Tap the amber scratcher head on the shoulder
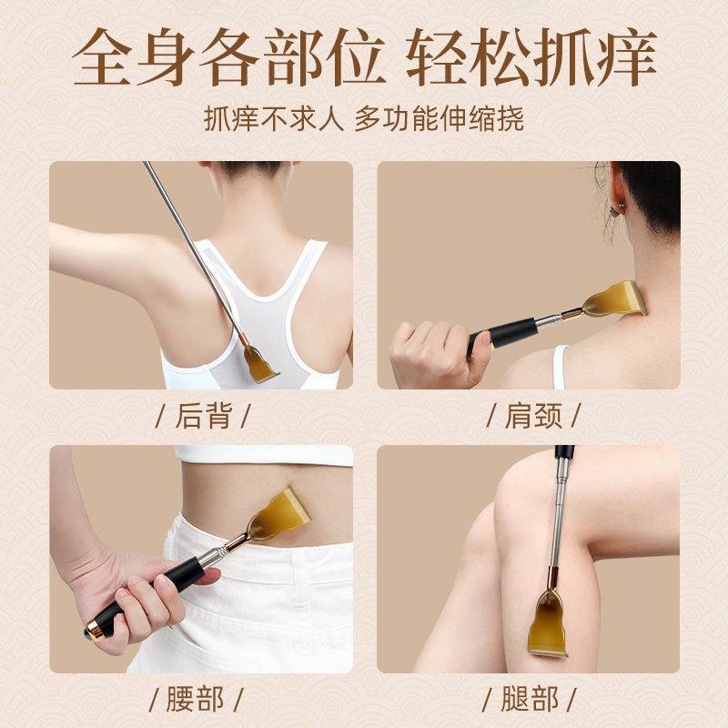(x=615, y=300)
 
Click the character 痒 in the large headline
(x=616, y=59)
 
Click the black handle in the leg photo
(x=564, y=452)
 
